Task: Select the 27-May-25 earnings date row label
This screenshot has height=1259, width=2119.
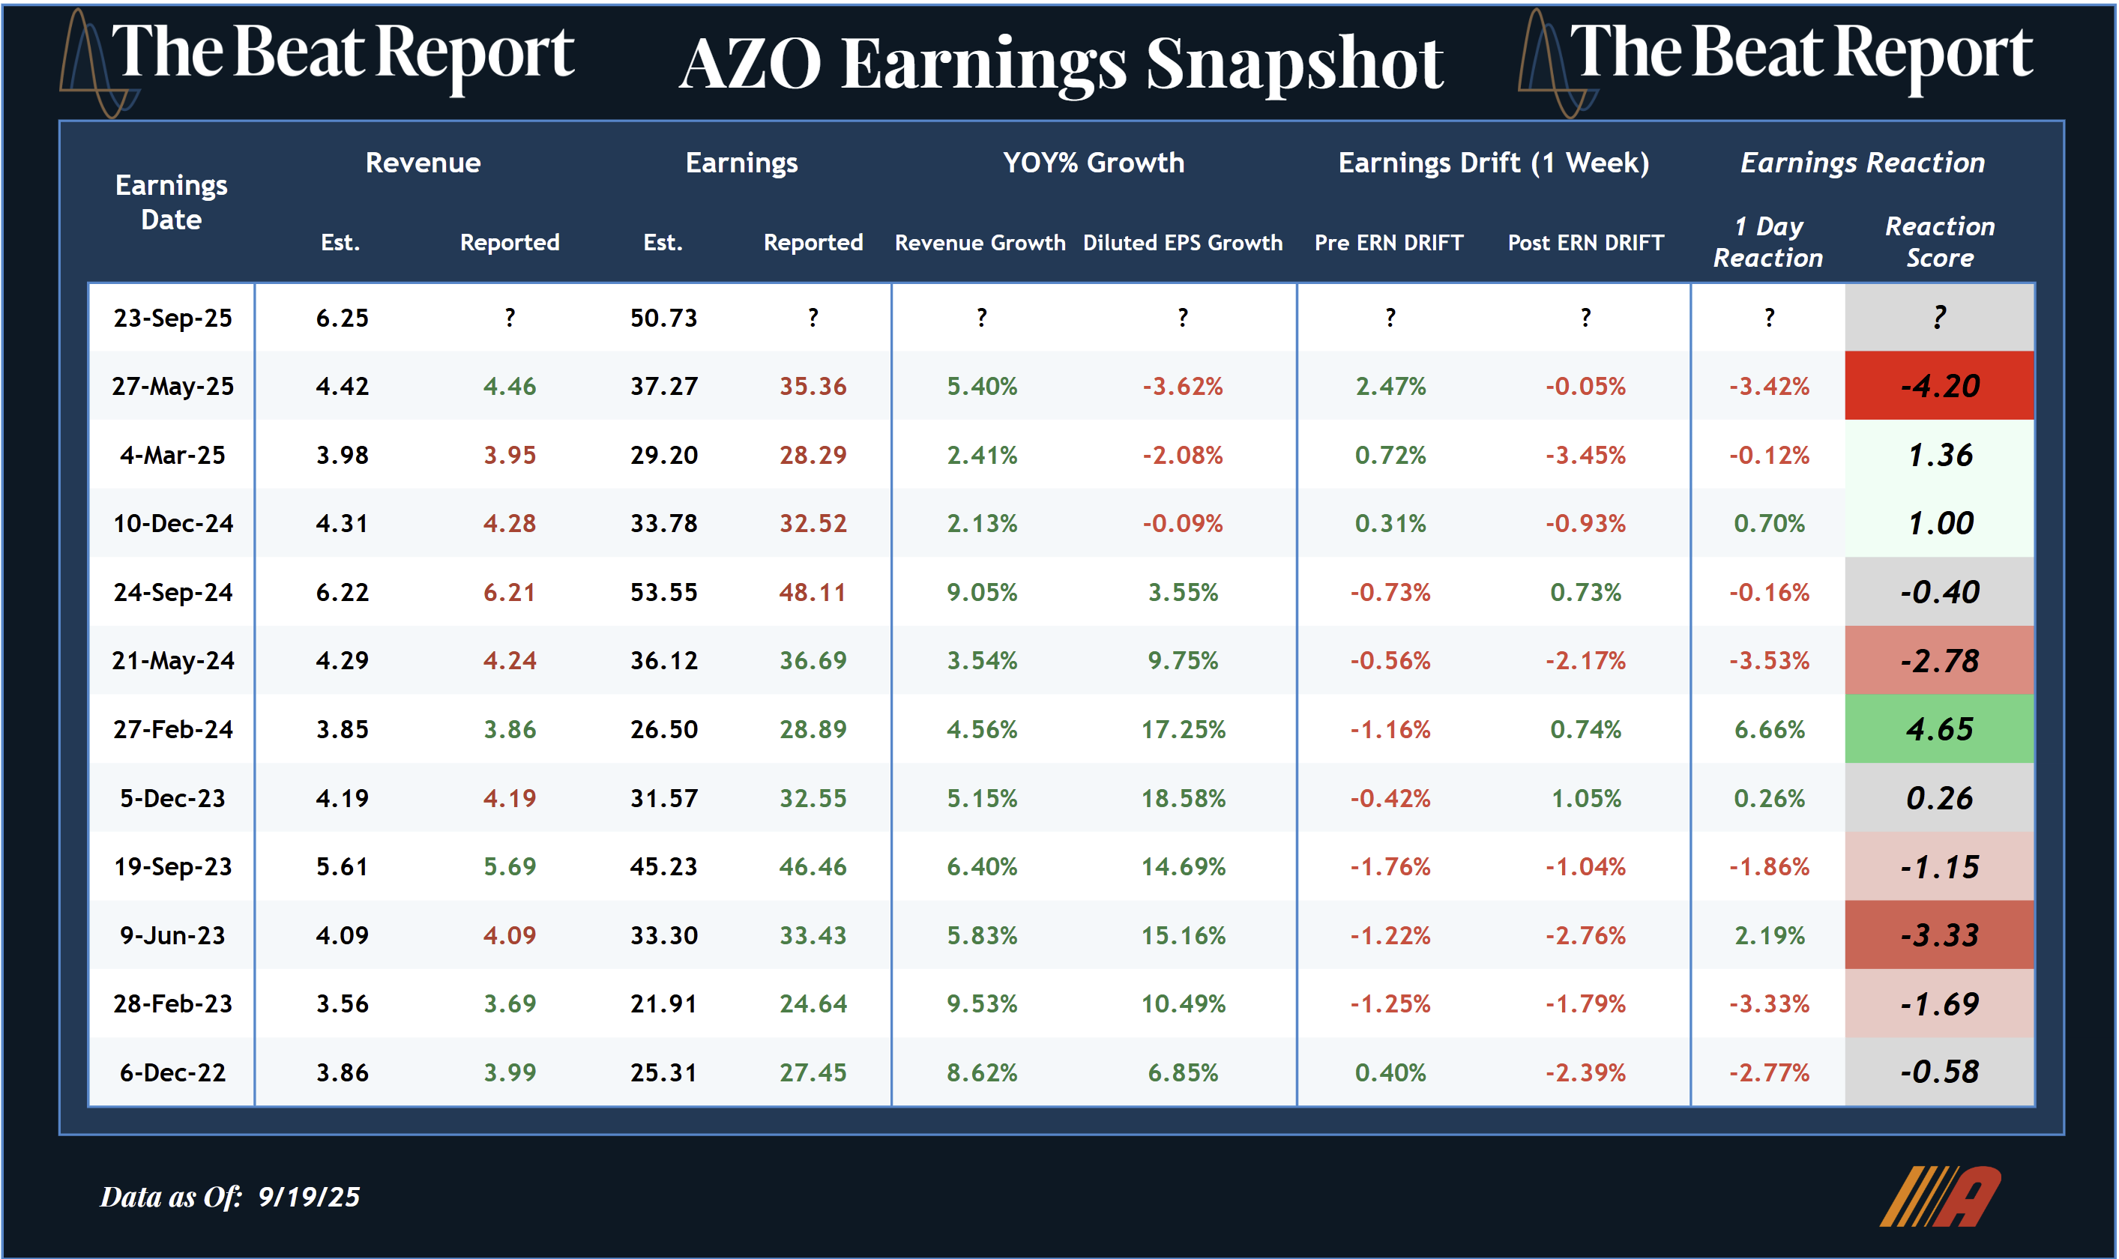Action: (172, 386)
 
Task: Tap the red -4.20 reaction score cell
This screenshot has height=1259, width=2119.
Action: (1939, 386)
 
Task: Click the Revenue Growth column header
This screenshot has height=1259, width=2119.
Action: (980, 243)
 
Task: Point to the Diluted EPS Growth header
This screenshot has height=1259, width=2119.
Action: (1183, 243)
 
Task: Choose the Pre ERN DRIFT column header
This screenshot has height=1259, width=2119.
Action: (1389, 243)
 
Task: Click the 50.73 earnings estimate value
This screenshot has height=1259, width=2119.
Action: (663, 318)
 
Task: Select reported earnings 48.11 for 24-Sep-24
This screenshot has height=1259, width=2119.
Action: (813, 592)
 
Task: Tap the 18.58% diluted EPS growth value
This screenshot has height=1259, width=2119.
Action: (1183, 798)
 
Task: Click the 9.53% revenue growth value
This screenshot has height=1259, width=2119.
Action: (981, 1003)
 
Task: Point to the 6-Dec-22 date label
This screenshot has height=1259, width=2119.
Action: (172, 1072)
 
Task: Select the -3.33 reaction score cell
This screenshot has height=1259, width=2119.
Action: (1939, 935)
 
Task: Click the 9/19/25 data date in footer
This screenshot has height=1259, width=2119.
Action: (309, 1197)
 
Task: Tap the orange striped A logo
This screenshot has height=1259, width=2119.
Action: (1940, 1197)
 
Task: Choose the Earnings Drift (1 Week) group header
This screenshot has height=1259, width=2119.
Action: (1493, 162)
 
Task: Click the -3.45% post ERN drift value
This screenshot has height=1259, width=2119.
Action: (1585, 456)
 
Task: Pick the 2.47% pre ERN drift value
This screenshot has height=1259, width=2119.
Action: (1390, 386)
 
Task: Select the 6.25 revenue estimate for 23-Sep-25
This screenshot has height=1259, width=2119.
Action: (342, 318)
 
